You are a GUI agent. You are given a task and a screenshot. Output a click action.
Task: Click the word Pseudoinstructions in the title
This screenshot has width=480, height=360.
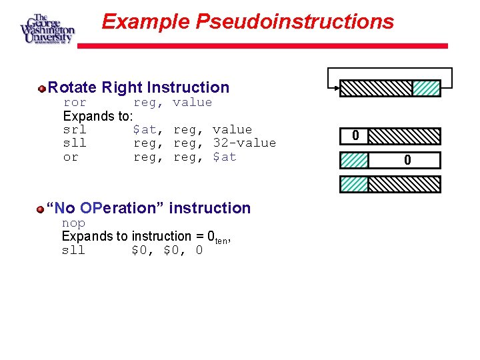[295, 22]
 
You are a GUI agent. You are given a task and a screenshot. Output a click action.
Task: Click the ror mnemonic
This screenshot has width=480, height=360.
[75, 103]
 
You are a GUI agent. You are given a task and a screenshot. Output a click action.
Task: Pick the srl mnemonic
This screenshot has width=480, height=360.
[75, 130]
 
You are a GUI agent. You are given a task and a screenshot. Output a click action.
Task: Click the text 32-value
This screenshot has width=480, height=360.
[244, 143]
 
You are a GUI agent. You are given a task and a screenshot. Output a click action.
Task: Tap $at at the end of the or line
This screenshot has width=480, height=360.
[225, 157]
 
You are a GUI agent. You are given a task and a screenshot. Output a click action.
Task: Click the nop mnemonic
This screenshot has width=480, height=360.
[73, 223]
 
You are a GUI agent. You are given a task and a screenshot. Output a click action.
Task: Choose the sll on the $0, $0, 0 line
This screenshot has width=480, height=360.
[73, 251]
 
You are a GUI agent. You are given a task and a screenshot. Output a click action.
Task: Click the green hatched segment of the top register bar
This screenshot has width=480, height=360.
[426, 89]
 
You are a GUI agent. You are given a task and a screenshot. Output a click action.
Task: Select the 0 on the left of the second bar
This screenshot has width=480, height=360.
[355, 136]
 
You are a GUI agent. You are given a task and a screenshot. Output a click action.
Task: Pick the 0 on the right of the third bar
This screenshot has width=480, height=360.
[407, 160]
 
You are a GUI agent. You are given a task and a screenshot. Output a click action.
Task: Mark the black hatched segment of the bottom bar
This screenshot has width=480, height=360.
[404, 184]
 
